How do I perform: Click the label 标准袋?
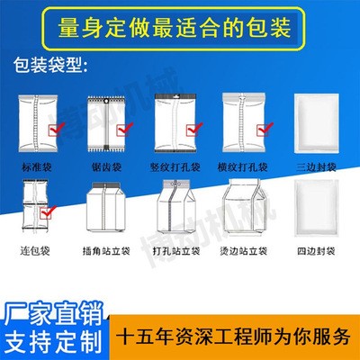tap(37, 166)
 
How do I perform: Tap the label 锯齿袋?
tap(106, 166)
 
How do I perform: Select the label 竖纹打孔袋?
tap(175, 166)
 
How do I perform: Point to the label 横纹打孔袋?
tap(243, 166)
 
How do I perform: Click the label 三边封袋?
tap(316, 166)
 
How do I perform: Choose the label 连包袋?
tap(35, 250)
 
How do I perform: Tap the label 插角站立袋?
tap(106, 250)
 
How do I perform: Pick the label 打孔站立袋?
tap(176, 250)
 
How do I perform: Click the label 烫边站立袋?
tap(244, 250)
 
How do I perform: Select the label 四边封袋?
tap(316, 250)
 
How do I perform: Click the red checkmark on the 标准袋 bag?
tap(57, 129)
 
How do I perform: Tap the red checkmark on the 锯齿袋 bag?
tap(125, 129)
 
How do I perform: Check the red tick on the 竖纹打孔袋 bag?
tap(194, 129)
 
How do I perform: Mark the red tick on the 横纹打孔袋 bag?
tap(265, 129)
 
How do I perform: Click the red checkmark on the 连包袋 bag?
tap(49, 212)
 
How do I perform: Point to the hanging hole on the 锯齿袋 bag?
tap(106, 101)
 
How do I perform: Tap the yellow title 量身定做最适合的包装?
tap(175, 29)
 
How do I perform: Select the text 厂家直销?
tap(54, 314)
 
